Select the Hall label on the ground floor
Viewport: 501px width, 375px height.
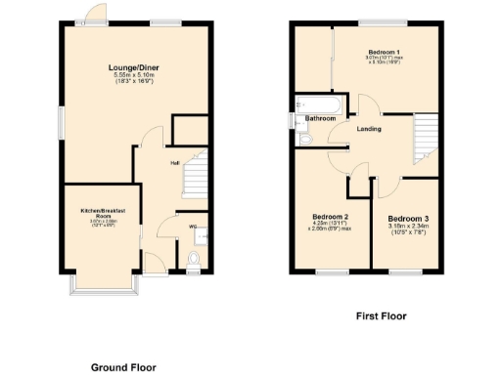tap(174, 163)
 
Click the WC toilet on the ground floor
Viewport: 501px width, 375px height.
tap(193, 259)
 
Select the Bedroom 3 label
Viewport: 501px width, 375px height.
tap(407, 219)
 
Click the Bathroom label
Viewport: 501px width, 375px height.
tap(320, 119)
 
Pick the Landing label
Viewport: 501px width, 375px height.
tap(369, 129)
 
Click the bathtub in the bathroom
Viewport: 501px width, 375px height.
tap(315, 104)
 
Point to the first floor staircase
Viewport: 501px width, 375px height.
tap(424, 138)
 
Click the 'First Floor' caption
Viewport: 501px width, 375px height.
tap(381, 316)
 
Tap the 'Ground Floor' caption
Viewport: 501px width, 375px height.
tap(123, 367)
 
